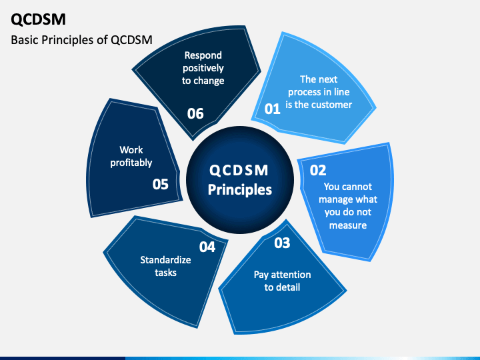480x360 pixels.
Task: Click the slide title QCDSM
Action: [x=38, y=19]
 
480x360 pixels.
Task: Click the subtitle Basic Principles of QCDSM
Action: [x=82, y=40]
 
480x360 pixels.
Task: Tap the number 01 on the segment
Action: [x=273, y=109]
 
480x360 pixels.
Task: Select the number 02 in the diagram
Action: [x=318, y=169]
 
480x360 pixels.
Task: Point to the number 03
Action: [x=282, y=243]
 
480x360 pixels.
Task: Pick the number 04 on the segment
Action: [x=207, y=247]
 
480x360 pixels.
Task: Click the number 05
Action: [x=161, y=184]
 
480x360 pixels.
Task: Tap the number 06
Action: [x=195, y=113]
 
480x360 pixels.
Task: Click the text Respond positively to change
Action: [x=203, y=68]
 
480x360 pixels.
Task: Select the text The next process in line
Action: [x=319, y=85]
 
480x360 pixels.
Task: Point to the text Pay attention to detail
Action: [x=282, y=281]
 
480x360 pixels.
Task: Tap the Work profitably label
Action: [x=131, y=157]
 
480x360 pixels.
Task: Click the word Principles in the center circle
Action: [x=240, y=189]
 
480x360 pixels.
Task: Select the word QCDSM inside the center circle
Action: [x=240, y=169]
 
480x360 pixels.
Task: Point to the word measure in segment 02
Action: [x=347, y=225]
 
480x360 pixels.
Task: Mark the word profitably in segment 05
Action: [x=131, y=163]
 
